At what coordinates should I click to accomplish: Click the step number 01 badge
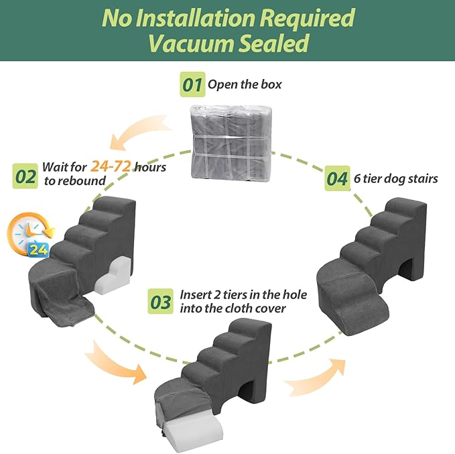tap(193, 86)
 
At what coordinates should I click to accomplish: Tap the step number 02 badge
tap(25, 176)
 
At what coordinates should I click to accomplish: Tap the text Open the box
tap(245, 85)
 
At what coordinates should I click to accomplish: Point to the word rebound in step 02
tap(86, 180)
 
